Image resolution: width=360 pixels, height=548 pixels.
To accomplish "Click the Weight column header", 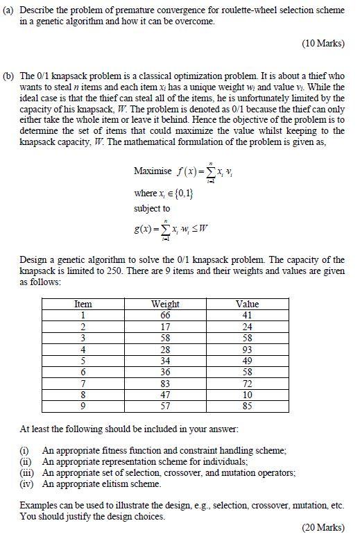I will (x=165, y=304).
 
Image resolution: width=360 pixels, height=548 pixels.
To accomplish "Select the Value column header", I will (x=247, y=304).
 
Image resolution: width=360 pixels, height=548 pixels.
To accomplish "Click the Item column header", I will (x=83, y=304).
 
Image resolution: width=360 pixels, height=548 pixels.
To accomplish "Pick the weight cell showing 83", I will (x=165, y=384).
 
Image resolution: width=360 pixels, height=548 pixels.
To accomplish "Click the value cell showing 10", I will (x=247, y=395).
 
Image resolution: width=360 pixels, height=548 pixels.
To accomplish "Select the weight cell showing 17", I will (x=165, y=327).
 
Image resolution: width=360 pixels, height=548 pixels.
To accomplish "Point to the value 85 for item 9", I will (x=247, y=406).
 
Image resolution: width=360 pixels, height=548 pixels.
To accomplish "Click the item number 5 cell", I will (x=83, y=361).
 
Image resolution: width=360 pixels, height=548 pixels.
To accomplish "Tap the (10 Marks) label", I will (x=323, y=44).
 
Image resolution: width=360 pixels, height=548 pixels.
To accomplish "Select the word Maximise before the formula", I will (x=153, y=171).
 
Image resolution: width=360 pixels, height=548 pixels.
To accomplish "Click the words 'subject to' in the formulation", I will (x=151, y=208).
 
